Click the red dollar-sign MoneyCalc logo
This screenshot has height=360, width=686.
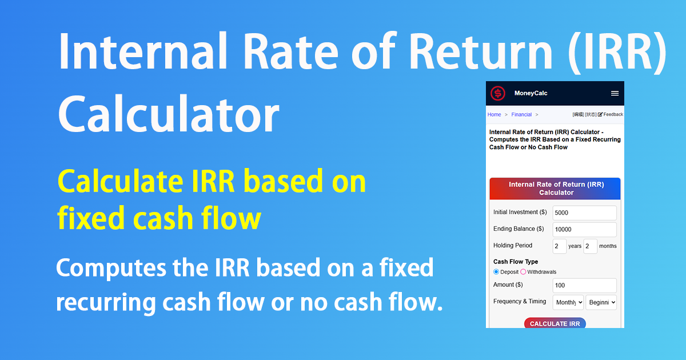tap(498, 93)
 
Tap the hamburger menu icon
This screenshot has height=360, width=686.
tap(615, 93)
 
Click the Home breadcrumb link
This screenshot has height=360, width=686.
tap(494, 114)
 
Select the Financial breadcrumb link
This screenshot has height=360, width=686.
tap(521, 114)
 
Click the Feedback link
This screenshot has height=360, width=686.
tap(611, 114)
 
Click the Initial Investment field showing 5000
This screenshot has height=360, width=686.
tap(584, 213)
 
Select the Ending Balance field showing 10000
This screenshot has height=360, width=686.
tap(584, 229)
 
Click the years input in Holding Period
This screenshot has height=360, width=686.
tap(560, 246)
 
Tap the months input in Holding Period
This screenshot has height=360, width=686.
tap(590, 246)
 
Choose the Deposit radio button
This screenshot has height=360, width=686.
tap(496, 272)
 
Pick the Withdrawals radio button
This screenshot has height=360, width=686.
tap(523, 272)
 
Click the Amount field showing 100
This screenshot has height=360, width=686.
tap(584, 285)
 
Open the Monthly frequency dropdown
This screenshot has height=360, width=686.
tap(568, 302)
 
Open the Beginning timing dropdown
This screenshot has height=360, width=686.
tap(601, 302)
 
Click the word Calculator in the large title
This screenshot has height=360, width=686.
tap(169, 114)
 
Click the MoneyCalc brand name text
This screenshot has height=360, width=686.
tap(531, 93)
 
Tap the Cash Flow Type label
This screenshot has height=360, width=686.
tap(516, 262)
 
